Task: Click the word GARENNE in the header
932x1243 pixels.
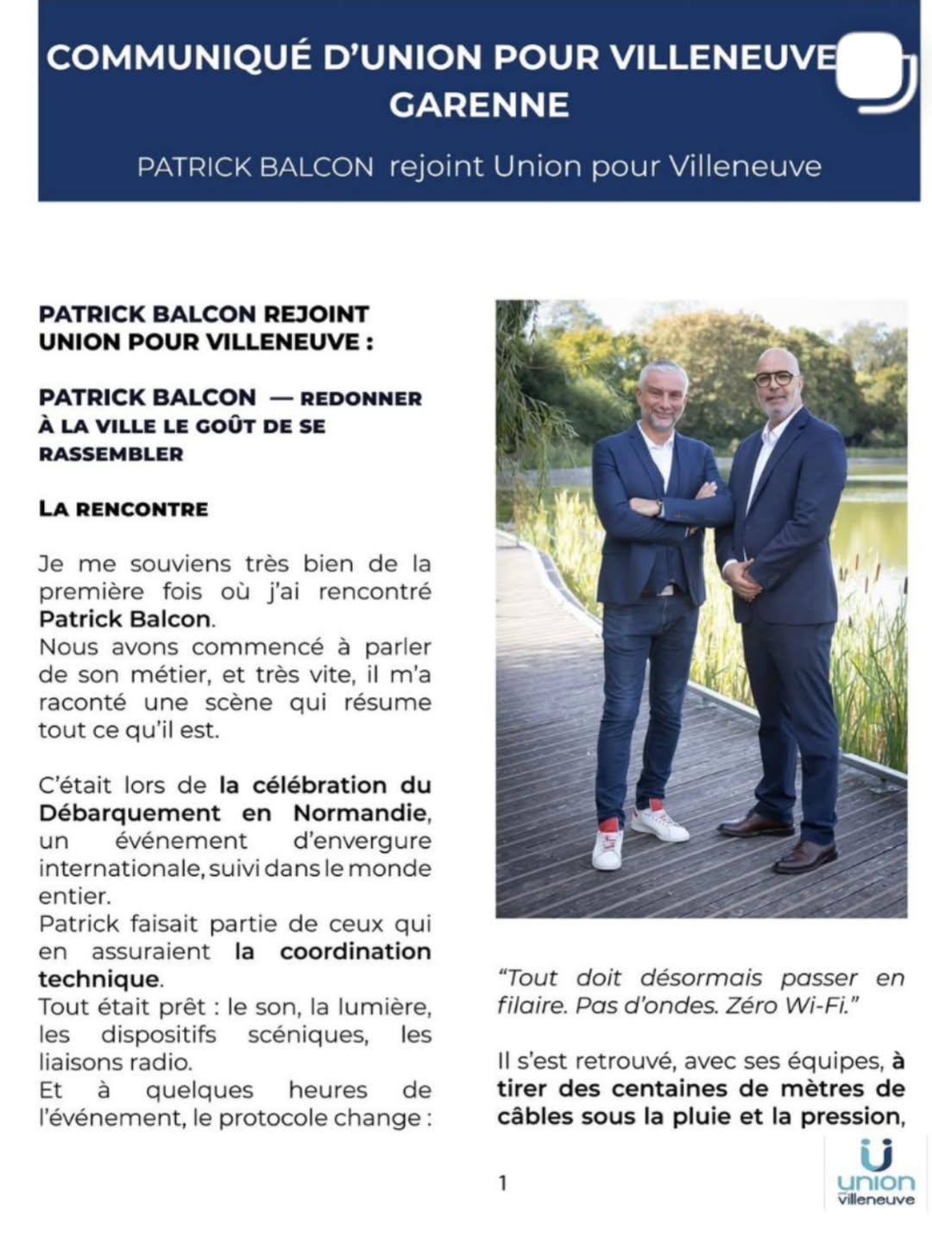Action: (479, 105)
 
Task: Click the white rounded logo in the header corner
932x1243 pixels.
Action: (873, 68)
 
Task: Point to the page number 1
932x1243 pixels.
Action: (503, 1183)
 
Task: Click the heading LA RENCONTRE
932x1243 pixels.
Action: (123, 508)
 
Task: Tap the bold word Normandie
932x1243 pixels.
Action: (360, 813)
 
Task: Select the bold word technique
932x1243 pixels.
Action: (98, 980)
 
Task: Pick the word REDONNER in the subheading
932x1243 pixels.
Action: (361, 399)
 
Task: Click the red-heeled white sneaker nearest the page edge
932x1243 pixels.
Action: (608, 846)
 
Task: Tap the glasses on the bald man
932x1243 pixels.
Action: (774, 378)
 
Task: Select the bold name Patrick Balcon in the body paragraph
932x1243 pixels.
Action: (125, 620)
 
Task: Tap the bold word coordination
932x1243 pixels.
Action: (356, 952)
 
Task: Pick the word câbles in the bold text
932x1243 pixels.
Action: (536, 1117)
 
